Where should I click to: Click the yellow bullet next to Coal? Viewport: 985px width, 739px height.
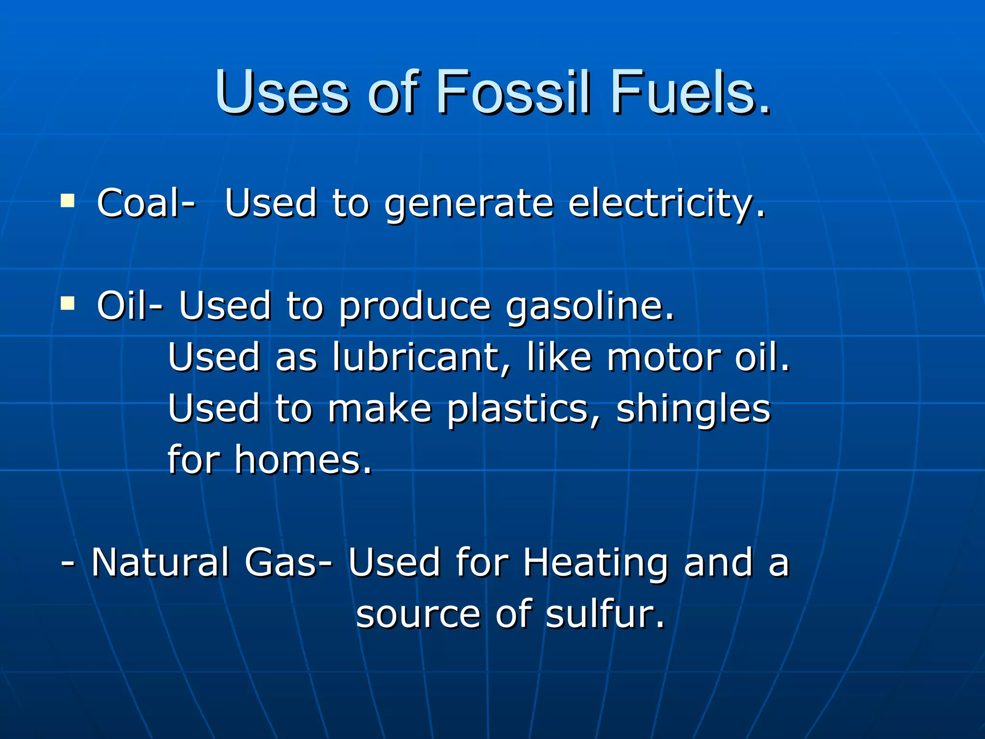click(68, 200)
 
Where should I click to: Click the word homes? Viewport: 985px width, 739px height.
click(303, 460)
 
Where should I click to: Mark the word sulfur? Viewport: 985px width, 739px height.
click(605, 614)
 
